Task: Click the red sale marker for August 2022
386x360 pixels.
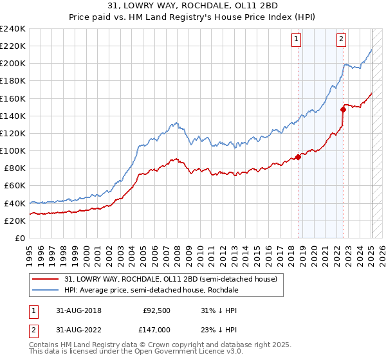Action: [343, 109]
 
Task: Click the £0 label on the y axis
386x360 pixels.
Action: [21, 238]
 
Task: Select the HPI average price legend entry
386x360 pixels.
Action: [151, 290]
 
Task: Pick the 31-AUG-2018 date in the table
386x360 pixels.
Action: [75, 310]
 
